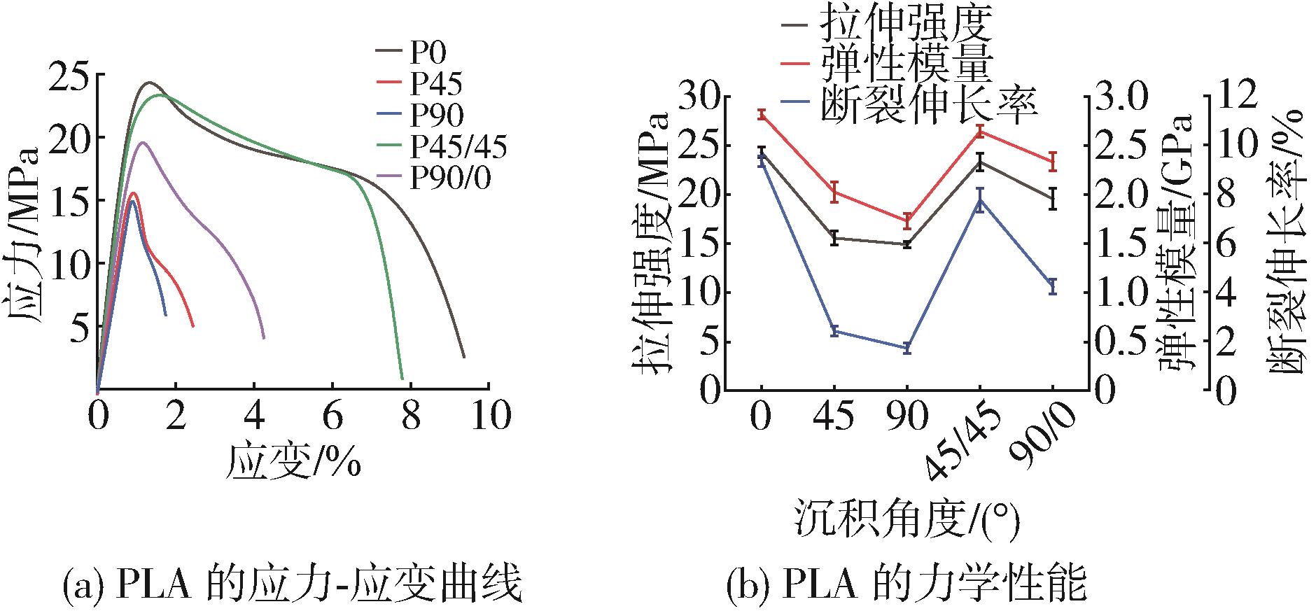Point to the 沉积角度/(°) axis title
pos(906,519)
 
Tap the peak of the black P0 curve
pos(149,82)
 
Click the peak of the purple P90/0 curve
pos(142,142)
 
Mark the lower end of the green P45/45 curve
pos(402,378)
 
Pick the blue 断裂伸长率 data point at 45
pos(834,331)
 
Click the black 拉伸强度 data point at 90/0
pos(1052,198)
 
